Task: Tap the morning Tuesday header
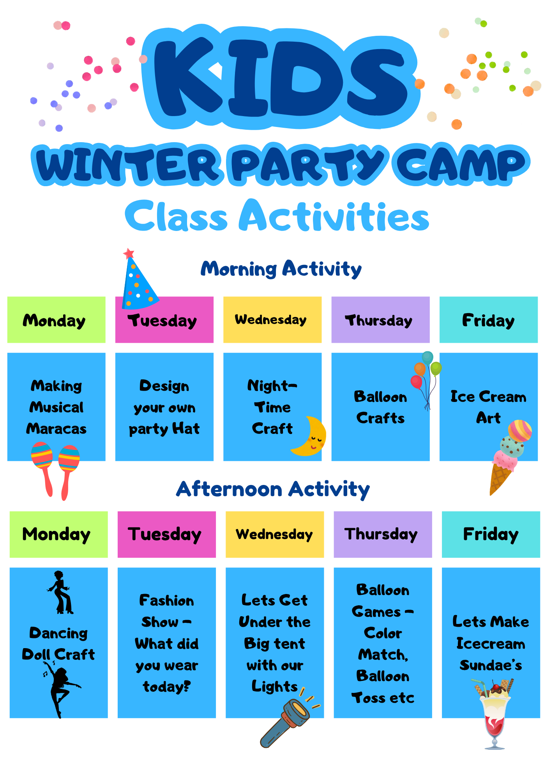tap(164, 320)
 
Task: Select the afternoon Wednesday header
tap(275, 534)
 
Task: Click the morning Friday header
tap(489, 320)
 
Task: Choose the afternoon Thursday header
tap(383, 534)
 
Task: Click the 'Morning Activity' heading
tap(281, 269)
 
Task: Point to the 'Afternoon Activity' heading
tap(273, 489)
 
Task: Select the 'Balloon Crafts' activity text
tap(380, 407)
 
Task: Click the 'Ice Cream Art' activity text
tap(488, 407)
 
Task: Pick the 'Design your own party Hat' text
tap(164, 407)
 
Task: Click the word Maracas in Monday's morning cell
tap(57, 428)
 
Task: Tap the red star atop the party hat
tap(129, 254)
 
